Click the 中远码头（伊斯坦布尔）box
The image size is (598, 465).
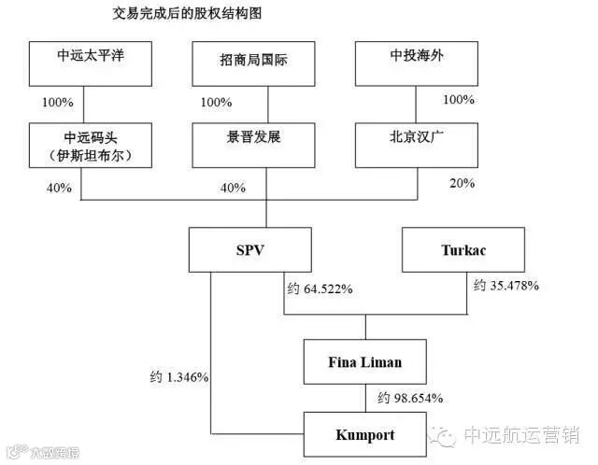[x=90, y=146]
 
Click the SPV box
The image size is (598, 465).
[x=247, y=250]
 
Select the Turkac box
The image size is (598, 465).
[x=464, y=250]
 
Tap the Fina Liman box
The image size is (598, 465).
[x=365, y=361]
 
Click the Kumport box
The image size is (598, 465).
[x=365, y=435]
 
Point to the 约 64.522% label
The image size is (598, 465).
[x=319, y=289]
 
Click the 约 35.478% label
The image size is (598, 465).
[x=505, y=285]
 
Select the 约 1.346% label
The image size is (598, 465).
[x=178, y=377]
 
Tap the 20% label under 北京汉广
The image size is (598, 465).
[x=462, y=183]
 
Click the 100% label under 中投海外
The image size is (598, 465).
[x=458, y=100]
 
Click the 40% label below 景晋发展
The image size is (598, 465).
[x=233, y=188]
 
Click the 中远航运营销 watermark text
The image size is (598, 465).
[x=522, y=435]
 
